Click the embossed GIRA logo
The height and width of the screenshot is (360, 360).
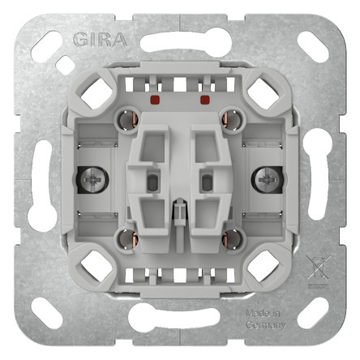(100, 40)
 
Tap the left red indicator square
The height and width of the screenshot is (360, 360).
(155, 100)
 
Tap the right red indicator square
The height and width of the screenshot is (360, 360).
(205, 100)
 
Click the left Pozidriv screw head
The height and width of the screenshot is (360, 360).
(93, 180)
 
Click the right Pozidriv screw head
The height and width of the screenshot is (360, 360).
(267, 180)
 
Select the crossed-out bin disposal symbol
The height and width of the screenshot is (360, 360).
(318, 268)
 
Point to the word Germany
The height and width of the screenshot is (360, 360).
(266, 325)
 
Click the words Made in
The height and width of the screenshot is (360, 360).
(263, 314)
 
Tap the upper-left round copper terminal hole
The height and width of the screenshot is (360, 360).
(128, 119)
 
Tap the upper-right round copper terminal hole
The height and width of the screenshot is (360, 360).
(232, 119)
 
